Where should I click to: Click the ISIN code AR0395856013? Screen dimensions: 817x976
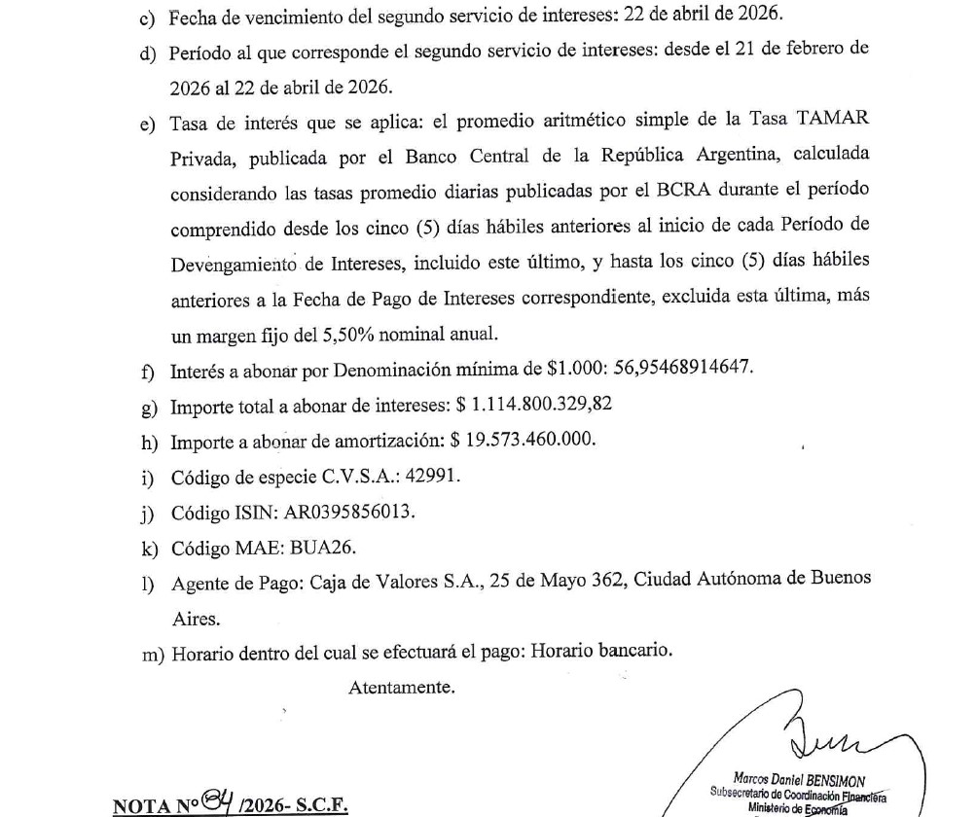tap(345, 511)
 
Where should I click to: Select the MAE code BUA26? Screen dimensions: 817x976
tap(313, 547)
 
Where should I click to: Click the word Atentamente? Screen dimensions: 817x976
tap(401, 688)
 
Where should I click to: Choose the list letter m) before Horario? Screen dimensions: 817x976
tap(153, 654)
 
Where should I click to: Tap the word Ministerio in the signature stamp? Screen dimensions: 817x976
tap(769, 808)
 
